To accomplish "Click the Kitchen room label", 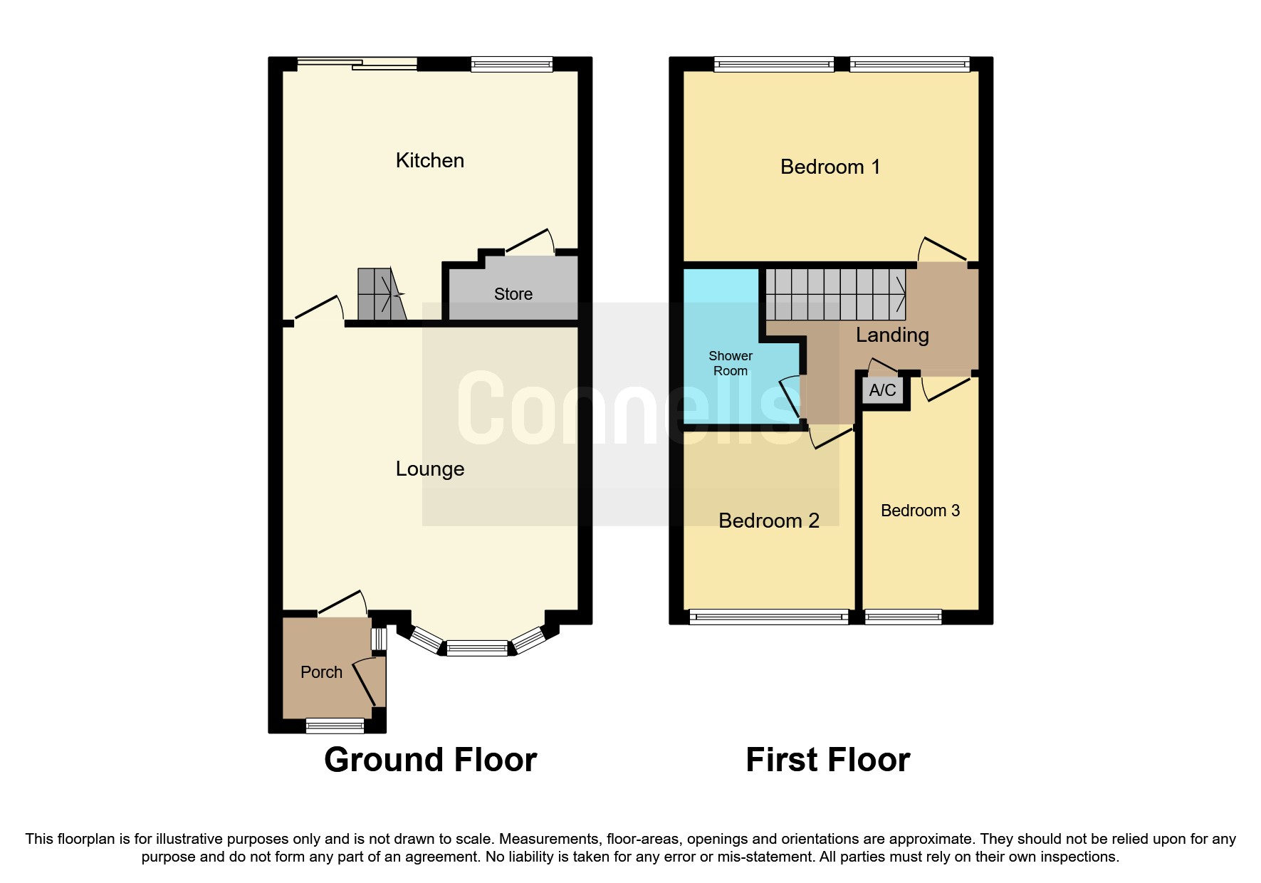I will (429, 161).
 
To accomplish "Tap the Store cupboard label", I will (513, 294).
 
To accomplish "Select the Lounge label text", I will (429, 469).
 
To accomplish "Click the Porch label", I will (321, 672).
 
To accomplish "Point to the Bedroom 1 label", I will (830, 167).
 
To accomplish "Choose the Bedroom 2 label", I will (768, 521).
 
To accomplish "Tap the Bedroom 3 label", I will (920, 511).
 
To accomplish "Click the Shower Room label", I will (731, 363).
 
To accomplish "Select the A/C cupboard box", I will (883, 390).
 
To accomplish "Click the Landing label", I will (892, 335).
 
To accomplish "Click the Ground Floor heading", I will (430, 760).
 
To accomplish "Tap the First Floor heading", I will (827, 760).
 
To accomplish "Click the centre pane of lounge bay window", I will (477, 648).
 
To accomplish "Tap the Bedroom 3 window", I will (903, 617).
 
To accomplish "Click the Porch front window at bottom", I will (335, 726).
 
